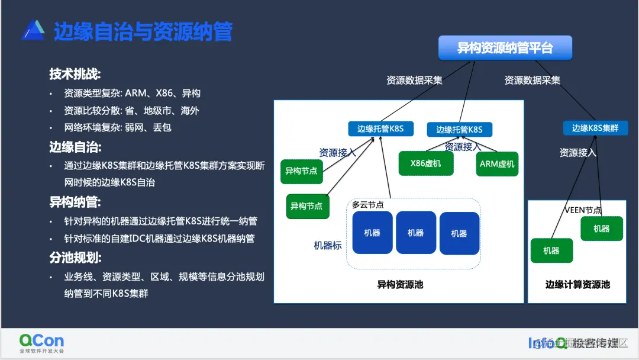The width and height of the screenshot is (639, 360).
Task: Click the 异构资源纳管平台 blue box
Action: pos(505,48)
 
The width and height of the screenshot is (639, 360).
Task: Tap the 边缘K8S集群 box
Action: pos(595,127)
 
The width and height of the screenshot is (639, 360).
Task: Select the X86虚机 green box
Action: pos(426,163)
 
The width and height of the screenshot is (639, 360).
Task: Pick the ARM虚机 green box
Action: pos(497,164)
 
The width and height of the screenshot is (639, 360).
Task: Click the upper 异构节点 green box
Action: pos(302,171)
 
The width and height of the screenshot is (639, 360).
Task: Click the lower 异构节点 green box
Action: pos(306,206)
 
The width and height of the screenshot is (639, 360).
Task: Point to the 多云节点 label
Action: pos(367,205)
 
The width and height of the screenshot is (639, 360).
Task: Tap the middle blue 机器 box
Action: pos(415,233)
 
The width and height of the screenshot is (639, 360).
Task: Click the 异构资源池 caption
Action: pos(400,285)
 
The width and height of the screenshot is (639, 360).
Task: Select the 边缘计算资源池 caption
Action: pos(577,285)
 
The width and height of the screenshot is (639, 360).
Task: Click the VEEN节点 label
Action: pos(582,210)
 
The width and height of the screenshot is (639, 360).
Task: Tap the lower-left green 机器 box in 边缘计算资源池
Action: pos(551,250)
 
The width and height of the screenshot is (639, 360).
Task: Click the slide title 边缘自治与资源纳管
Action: pos(143,31)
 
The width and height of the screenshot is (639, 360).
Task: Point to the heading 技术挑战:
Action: pos(75,74)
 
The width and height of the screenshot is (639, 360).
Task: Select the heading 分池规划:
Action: pos(75,258)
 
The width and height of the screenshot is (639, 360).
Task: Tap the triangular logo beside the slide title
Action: pos(33,30)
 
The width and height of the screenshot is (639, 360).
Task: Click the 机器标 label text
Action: pos(327,245)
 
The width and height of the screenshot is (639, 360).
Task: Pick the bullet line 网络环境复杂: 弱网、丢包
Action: pos(118,127)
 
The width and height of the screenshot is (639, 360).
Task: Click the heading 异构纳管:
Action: pos(75,202)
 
